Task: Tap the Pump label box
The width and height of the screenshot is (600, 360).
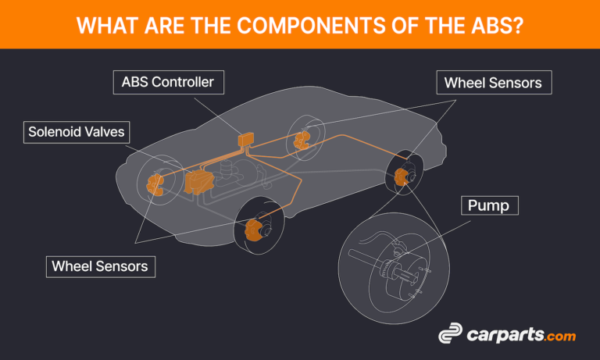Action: tap(489, 206)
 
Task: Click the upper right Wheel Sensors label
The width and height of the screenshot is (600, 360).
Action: tap(493, 82)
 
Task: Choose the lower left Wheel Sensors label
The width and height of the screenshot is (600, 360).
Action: tap(99, 266)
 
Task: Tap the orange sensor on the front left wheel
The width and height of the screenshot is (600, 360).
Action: tap(155, 184)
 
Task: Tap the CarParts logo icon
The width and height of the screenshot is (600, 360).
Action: tap(451, 335)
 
